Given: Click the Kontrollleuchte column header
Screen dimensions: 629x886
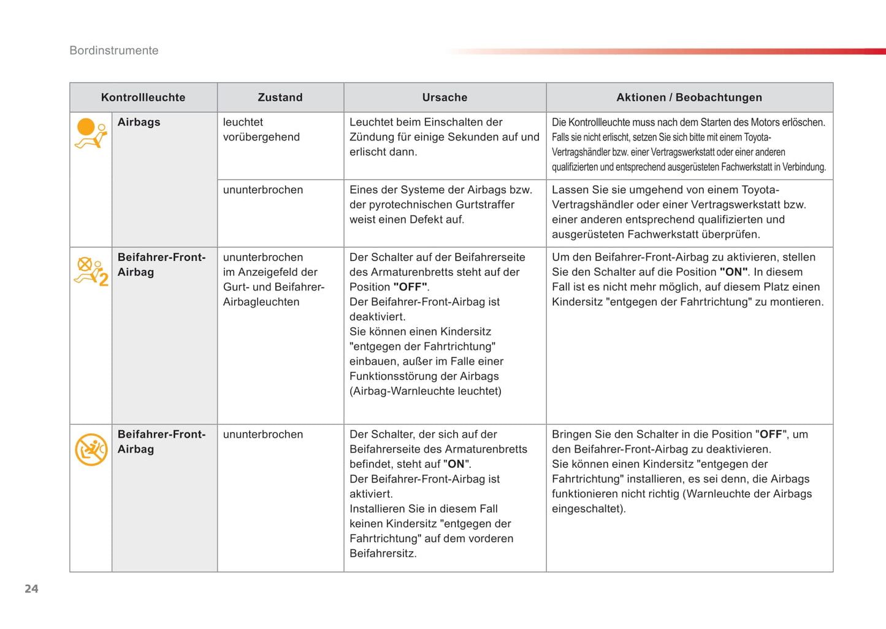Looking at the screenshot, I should click(x=143, y=97).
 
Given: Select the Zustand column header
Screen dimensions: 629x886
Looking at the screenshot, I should click(x=280, y=97).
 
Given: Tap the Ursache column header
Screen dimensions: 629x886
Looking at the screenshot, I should click(x=445, y=97).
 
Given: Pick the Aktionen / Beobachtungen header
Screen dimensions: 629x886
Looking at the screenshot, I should click(x=689, y=97).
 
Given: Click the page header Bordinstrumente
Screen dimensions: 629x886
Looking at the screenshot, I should click(x=114, y=51).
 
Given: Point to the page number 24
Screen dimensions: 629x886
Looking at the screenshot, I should click(x=31, y=589).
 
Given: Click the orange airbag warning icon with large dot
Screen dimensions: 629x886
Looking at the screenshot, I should click(x=90, y=133).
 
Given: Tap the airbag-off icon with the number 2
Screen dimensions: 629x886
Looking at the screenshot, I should click(x=91, y=271).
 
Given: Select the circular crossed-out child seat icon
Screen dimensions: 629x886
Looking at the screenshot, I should click(x=91, y=449).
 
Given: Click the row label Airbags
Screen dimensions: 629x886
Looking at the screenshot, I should click(x=139, y=122).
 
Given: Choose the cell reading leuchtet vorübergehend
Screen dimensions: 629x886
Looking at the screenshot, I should click(x=261, y=129).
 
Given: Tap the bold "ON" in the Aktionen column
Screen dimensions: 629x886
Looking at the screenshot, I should click(x=733, y=272).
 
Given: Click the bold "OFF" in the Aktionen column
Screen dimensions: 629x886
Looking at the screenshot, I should click(x=771, y=435).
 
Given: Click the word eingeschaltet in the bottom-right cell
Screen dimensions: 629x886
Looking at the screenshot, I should click(x=587, y=509).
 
